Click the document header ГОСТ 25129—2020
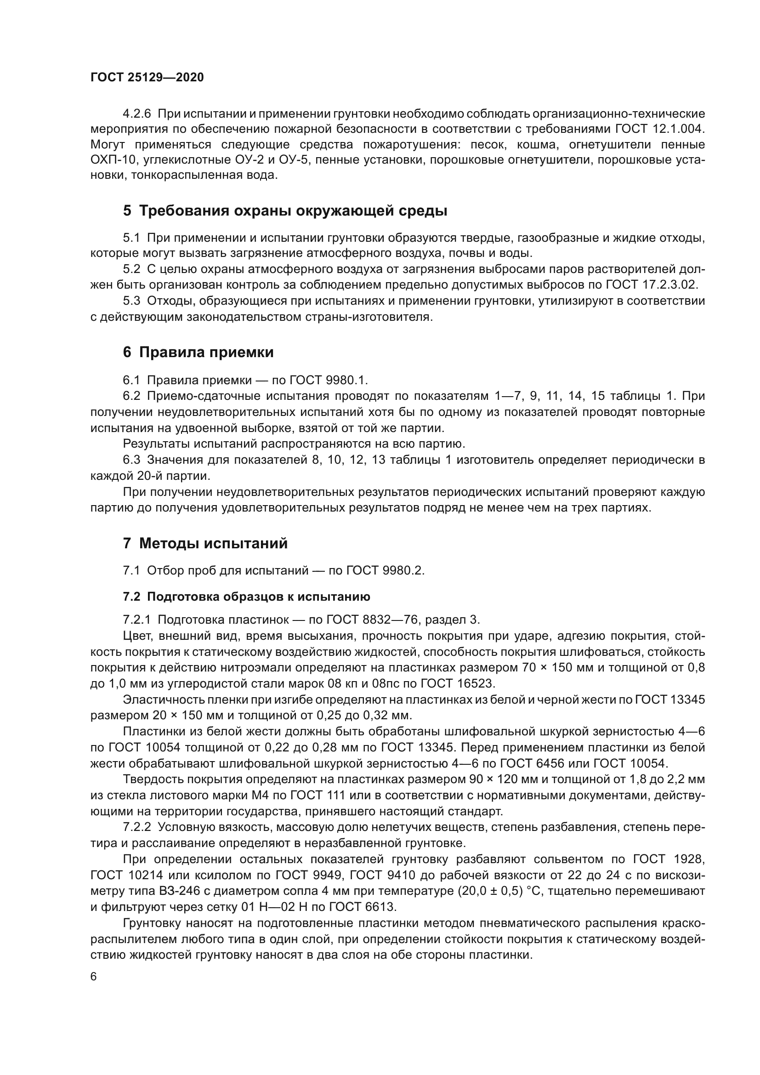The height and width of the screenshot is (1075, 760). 147,78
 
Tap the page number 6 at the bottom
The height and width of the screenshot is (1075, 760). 94,976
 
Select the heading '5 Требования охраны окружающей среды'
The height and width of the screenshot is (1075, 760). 285,210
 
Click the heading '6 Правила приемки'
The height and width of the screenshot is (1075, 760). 198,352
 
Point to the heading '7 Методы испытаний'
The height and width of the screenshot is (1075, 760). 205,544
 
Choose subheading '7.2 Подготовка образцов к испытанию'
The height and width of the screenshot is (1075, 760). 246,597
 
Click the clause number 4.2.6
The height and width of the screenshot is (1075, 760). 136,114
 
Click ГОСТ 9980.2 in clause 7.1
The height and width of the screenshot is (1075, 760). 385,570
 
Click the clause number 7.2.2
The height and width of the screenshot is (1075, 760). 136,827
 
